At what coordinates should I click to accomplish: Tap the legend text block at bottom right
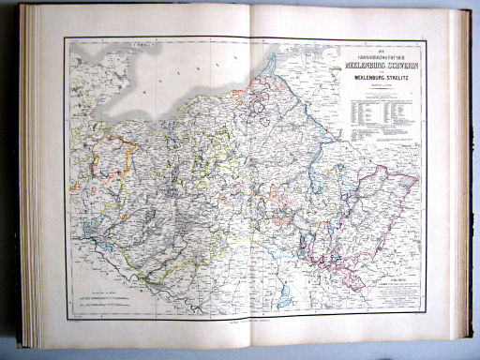tap(391, 290)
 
